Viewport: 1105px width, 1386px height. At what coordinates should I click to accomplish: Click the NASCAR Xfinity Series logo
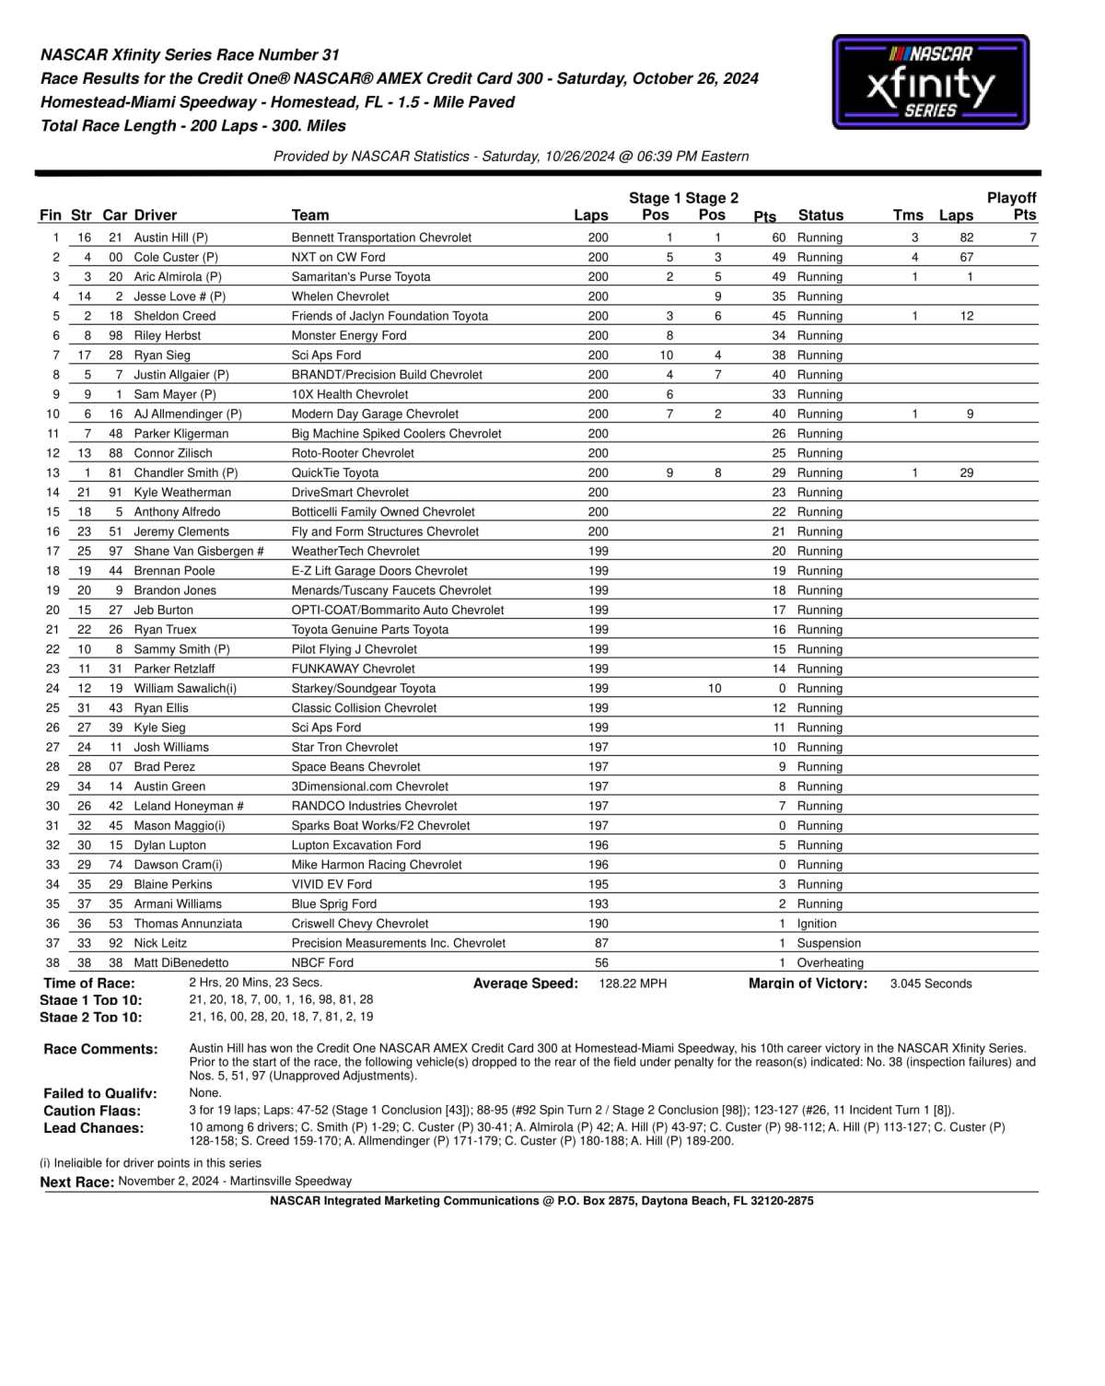(930, 82)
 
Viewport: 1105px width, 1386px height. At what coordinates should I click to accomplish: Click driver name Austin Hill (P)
(170, 238)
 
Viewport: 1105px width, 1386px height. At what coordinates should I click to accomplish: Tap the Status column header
(820, 215)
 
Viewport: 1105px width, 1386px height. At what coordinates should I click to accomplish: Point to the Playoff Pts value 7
(1032, 238)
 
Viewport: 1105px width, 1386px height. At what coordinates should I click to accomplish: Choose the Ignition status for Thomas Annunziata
(817, 924)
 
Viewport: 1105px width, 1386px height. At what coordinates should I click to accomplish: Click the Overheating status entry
(830, 962)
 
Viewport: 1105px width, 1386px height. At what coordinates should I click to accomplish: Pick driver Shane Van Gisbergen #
(199, 551)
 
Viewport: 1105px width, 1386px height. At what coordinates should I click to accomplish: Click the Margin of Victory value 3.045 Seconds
(931, 984)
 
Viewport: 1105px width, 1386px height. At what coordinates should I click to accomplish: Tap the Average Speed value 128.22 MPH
(633, 984)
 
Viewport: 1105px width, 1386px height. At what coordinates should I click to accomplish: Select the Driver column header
(156, 215)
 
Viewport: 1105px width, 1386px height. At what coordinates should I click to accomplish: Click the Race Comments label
(100, 1049)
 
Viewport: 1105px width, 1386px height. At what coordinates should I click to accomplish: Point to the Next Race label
(77, 1182)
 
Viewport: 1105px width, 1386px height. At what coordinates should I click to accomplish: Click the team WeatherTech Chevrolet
(355, 551)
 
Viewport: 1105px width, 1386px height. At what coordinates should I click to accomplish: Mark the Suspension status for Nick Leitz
(829, 943)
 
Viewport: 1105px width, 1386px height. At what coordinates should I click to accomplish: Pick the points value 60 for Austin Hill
(779, 238)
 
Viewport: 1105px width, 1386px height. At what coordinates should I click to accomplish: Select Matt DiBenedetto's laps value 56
(601, 962)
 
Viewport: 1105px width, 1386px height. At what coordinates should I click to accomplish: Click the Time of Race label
(89, 984)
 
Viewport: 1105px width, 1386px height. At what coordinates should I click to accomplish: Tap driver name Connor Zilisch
(173, 453)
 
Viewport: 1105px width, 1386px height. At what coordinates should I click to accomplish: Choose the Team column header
(310, 215)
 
